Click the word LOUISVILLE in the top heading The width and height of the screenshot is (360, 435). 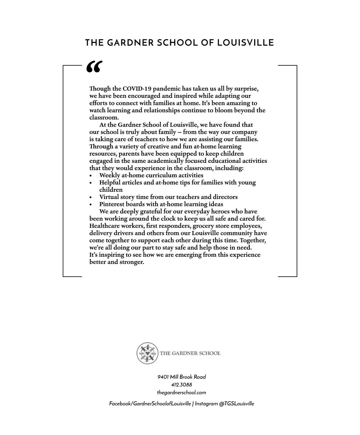[x=245, y=43]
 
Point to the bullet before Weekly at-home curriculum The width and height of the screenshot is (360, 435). [x=91, y=176]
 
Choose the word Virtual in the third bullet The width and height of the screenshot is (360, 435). [x=109, y=197]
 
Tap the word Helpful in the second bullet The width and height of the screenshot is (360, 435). [x=110, y=183]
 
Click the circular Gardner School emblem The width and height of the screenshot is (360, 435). [x=147, y=353]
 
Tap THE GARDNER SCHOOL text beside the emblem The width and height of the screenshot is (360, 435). [x=190, y=353]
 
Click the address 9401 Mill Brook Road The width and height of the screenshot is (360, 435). [x=181, y=377]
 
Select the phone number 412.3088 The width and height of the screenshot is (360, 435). [x=181, y=385]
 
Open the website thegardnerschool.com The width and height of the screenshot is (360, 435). [x=181, y=393]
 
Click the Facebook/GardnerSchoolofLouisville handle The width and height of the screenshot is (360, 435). [x=150, y=404]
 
